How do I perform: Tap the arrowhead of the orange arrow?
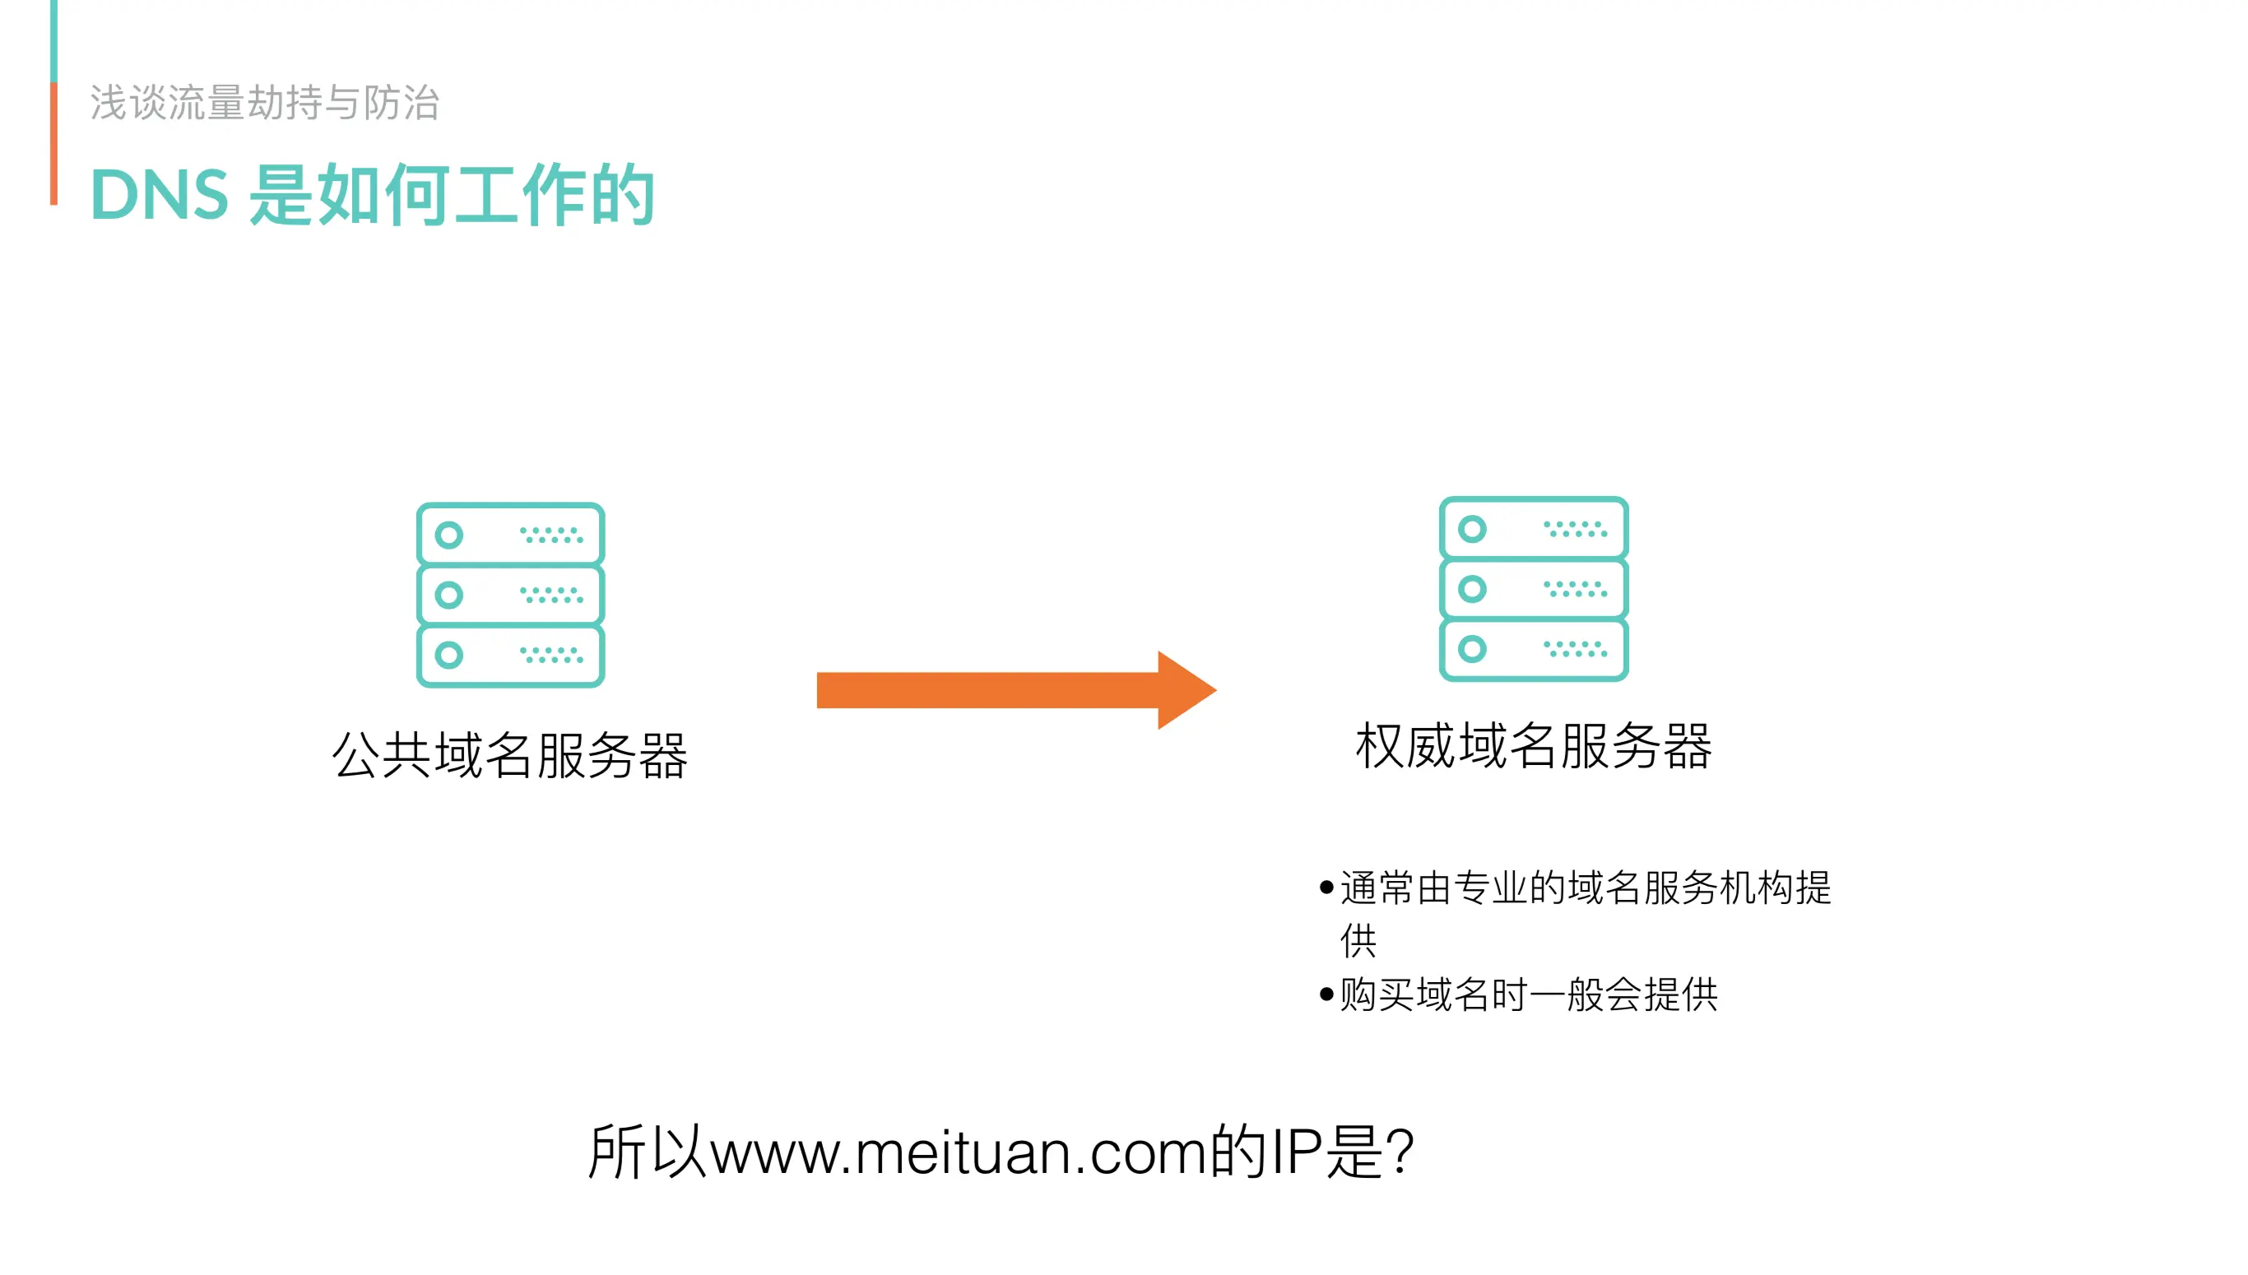pyautogui.click(x=1185, y=690)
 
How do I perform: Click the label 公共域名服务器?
pyautogui.click(x=509, y=755)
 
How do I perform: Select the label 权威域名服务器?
pyautogui.click(x=1534, y=746)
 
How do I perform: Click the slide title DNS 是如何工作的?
pyautogui.click(x=372, y=194)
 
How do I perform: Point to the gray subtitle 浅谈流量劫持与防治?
pyautogui.click(x=264, y=103)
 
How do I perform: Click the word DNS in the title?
pyautogui.click(x=160, y=194)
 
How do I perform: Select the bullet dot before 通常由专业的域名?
pyautogui.click(x=1326, y=888)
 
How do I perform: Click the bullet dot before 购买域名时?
pyautogui.click(x=1326, y=994)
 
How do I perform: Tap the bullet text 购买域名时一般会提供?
pyautogui.click(x=1528, y=994)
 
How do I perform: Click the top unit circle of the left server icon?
pyautogui.click(x=449, y=535)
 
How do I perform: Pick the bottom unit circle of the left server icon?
pyautogui.click(x=449, y=654)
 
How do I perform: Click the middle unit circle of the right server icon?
pyautogui.click(x=1472, y=588)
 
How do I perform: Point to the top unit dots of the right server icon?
pyautogui.click(x=1575, y=529)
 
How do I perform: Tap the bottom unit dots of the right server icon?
pyautogui.click(x=1575, y=649)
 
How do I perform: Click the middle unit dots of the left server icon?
pyautogui.click(x=550, y=595)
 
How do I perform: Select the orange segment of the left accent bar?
pyautogui.click(x=54, y=145)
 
